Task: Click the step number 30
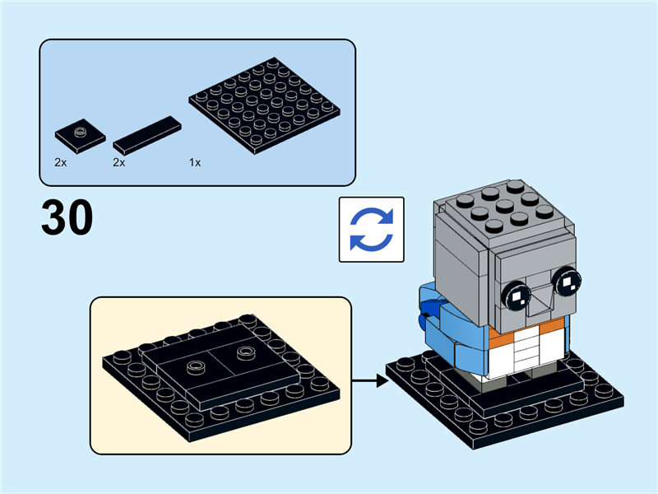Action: click(x=67, y=217)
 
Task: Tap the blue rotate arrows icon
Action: click(x=372, y=230)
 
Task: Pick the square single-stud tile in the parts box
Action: click(x=80, y=135)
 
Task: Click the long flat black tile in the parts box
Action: click(x=147, y=135)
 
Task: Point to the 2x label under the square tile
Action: click(x=61, y=163)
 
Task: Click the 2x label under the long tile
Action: click(x=119, y=163)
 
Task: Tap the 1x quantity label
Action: click(x=195, y=163)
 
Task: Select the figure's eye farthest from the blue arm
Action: click(x=567, y=284)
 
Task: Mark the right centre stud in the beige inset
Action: click(x=243, y=352)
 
